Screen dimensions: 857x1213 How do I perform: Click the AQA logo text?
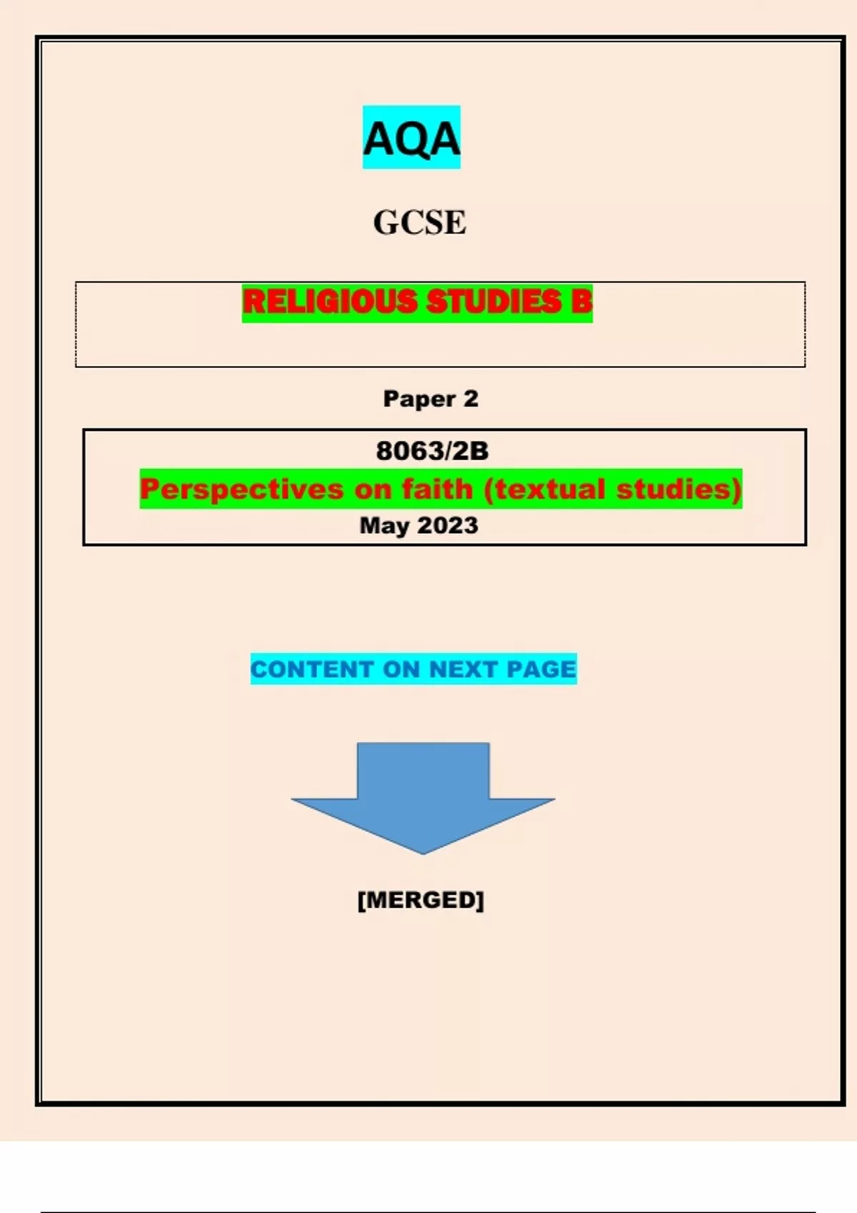(x=411, y=138)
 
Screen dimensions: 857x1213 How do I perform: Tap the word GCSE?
(x=419, y=223)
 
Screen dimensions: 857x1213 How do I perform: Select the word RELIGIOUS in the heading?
(x=329, y=302)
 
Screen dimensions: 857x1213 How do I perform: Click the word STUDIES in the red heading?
(x=493, y=302)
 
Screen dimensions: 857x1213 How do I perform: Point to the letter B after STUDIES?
(x=581, y=302)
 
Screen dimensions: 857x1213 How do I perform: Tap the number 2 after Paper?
(x=471, y=399)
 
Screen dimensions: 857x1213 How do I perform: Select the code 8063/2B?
(x=432, y=451)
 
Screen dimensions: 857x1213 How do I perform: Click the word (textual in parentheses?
(x=543, y=489)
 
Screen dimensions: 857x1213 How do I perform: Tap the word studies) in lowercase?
(x=678, y=489)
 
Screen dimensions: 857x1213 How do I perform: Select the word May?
(x=384, y=526)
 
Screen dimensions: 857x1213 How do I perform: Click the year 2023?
(x=448, y=525)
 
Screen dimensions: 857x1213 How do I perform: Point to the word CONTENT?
(x=312, y=669)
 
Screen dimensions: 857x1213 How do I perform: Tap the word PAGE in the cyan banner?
(x=541, y=669)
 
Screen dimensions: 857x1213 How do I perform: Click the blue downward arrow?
(x=423, y=796)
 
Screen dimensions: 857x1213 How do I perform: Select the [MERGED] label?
(x=421, y=900)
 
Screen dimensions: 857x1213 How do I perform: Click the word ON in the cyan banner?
(x=401, y=669)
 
